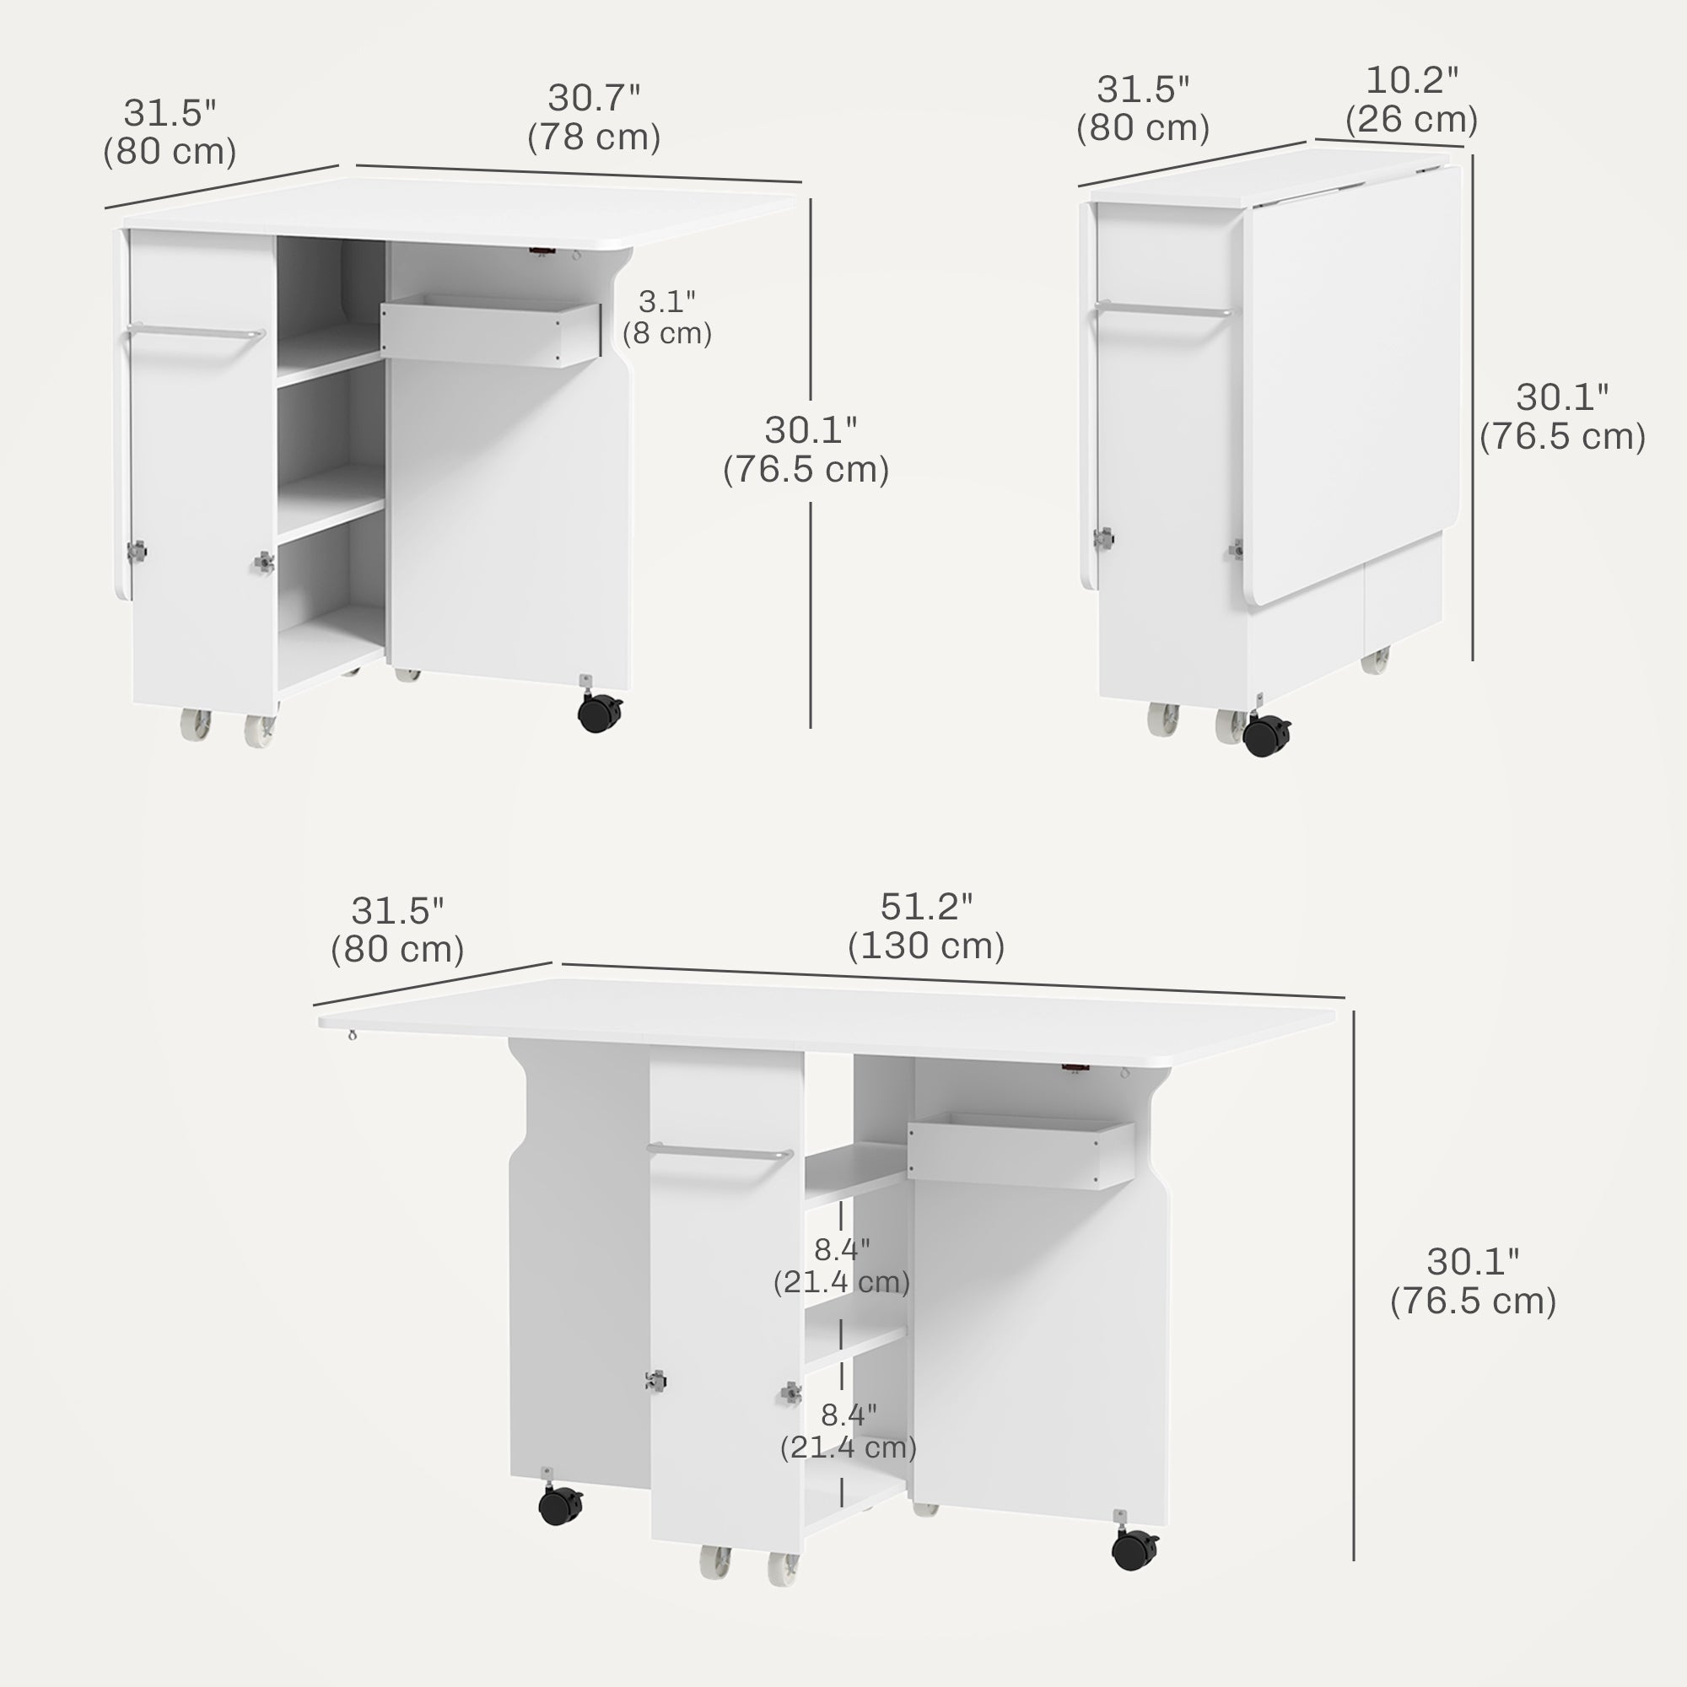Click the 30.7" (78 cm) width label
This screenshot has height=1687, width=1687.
point(594,118)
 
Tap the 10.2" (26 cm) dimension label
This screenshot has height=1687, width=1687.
point(1411,100)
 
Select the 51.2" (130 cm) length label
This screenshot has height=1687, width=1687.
point(925,926)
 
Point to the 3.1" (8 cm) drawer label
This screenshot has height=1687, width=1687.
point(667,317)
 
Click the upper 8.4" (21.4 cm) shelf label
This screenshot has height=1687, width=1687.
point(842,1265)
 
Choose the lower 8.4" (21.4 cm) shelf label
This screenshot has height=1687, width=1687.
point(848,1431)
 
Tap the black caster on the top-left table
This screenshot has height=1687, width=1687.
point(601,712)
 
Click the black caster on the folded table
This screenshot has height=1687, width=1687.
point(1267,735)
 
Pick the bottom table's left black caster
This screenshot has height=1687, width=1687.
point(560,1504)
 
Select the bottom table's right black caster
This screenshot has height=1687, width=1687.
point(1135,1549)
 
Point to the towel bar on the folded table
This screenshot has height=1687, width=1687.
point(1163,309)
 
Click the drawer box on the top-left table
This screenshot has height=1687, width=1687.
point(491,332)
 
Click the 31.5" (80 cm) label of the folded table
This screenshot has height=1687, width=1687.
point(1142,108)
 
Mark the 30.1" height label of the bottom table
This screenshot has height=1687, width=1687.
point(1473,1281)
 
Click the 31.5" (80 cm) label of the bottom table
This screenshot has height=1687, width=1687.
point(397,930)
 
